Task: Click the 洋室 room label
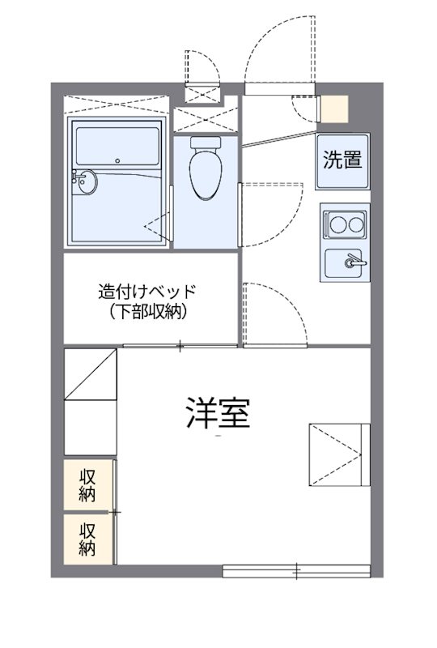coord(217,414)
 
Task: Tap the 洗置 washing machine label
coord(342,160)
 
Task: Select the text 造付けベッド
coord(147,292)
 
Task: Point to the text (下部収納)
coord(147,312)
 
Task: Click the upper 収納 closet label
coord(88,484)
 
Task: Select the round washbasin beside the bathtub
coord(83,183)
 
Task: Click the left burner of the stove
coord(334,222)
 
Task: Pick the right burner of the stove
coord(354,222)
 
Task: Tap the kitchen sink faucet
coord(353,262)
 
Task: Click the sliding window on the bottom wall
coord(295,572)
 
